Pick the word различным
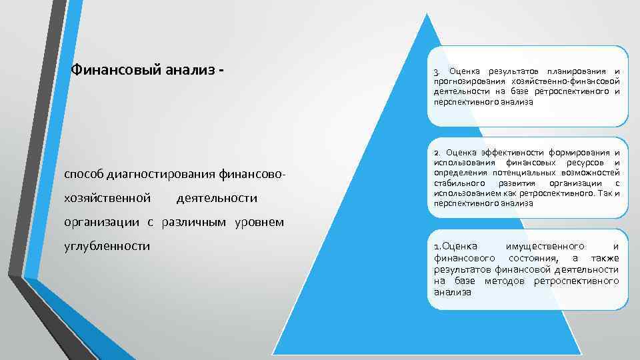[x=199, y=222]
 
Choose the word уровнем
[x=261, y=222]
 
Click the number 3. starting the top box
[x=436, y=71]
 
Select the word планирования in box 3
[x=575, y=71]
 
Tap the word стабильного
[x=459, y=183]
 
